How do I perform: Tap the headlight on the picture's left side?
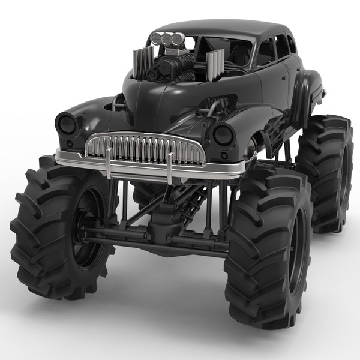tap(67, 124)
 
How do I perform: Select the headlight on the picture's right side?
tap(223, 134)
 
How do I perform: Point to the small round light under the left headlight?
tap(71, 145)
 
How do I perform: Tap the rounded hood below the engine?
tap(144, 96)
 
